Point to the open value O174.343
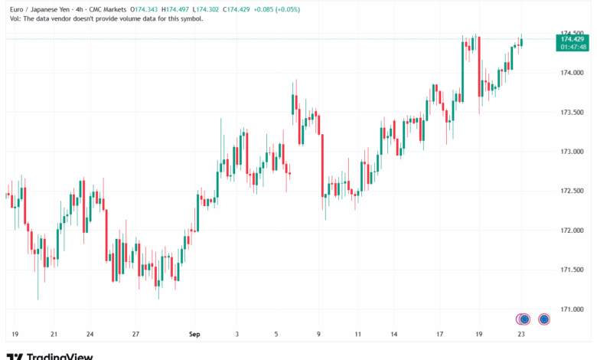[x=145, y=8]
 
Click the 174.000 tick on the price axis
[x=573, y=73]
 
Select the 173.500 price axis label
[x=573, y=113]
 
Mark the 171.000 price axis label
[x=573, y=309]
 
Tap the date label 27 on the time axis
[x=135, y=334]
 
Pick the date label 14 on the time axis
[x=394, y=334]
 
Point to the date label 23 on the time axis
[x=521, y=334]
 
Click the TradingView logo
[x=50, y=355]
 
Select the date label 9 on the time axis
[x=318, y=334]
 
